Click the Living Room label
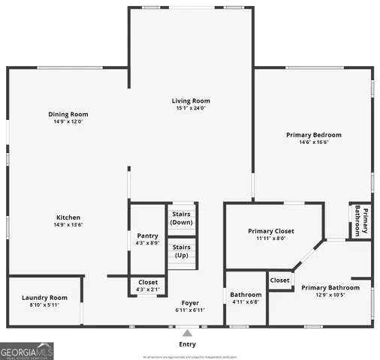tap(191, 100)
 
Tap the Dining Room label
tap(68, 114)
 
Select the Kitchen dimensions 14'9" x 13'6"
tap(68, 224)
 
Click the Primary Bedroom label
tap(313, 135)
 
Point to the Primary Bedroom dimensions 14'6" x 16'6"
tap(313, 142)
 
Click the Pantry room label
tap(147, 235)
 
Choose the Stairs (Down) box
tap(182, 217)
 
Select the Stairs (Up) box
tap(182, 251)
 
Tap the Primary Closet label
tap(271, 231)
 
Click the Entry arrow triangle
tap(187, 334)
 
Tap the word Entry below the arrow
tap(187, 344)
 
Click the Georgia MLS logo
tap(26, 350)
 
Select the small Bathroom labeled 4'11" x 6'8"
tap(246, 298)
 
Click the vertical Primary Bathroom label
tap(361, 220)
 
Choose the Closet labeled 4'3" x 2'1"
tap(147, 286)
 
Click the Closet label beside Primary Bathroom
tap(279, 280)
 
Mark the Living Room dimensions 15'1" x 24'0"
tap(191, 108)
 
